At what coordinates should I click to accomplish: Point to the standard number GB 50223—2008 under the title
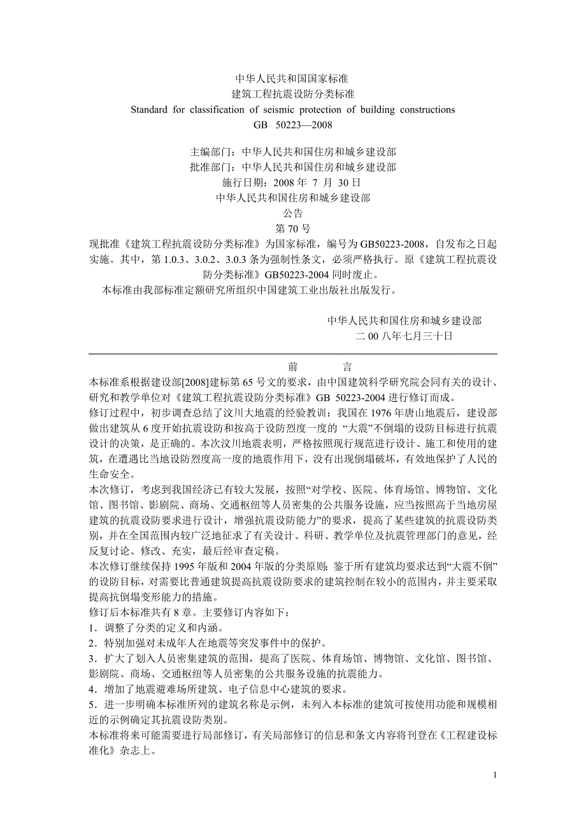tap(293, 125)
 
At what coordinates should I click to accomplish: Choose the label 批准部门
tap(213, 167)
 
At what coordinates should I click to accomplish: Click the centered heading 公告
tap(293, 213)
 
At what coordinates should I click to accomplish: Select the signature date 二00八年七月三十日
tap(404, 336)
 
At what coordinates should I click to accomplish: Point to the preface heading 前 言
tap(293, 367)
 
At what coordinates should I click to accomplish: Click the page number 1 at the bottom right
tap(495, 775)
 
